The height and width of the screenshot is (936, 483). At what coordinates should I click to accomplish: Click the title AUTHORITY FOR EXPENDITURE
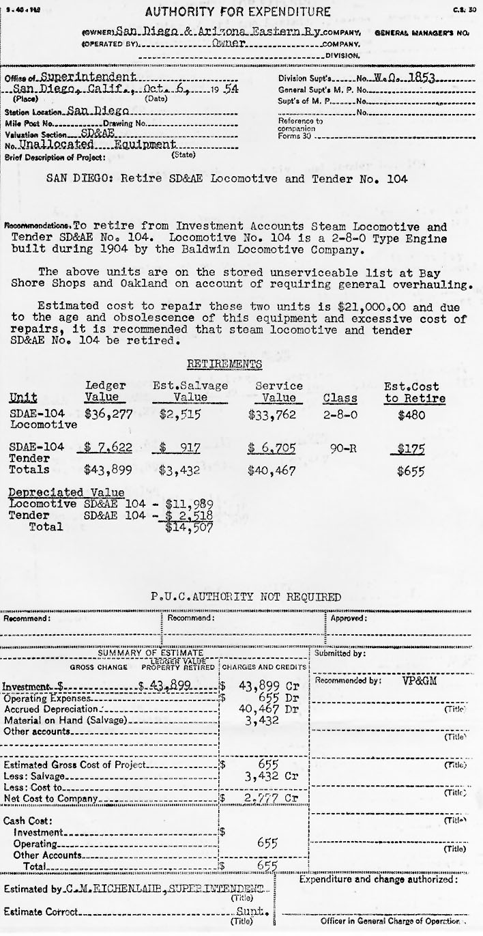[238, 12]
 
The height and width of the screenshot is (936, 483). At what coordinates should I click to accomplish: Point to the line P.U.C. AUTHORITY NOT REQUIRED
[246, 597]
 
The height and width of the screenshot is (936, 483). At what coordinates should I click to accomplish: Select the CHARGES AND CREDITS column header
[265, 666]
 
